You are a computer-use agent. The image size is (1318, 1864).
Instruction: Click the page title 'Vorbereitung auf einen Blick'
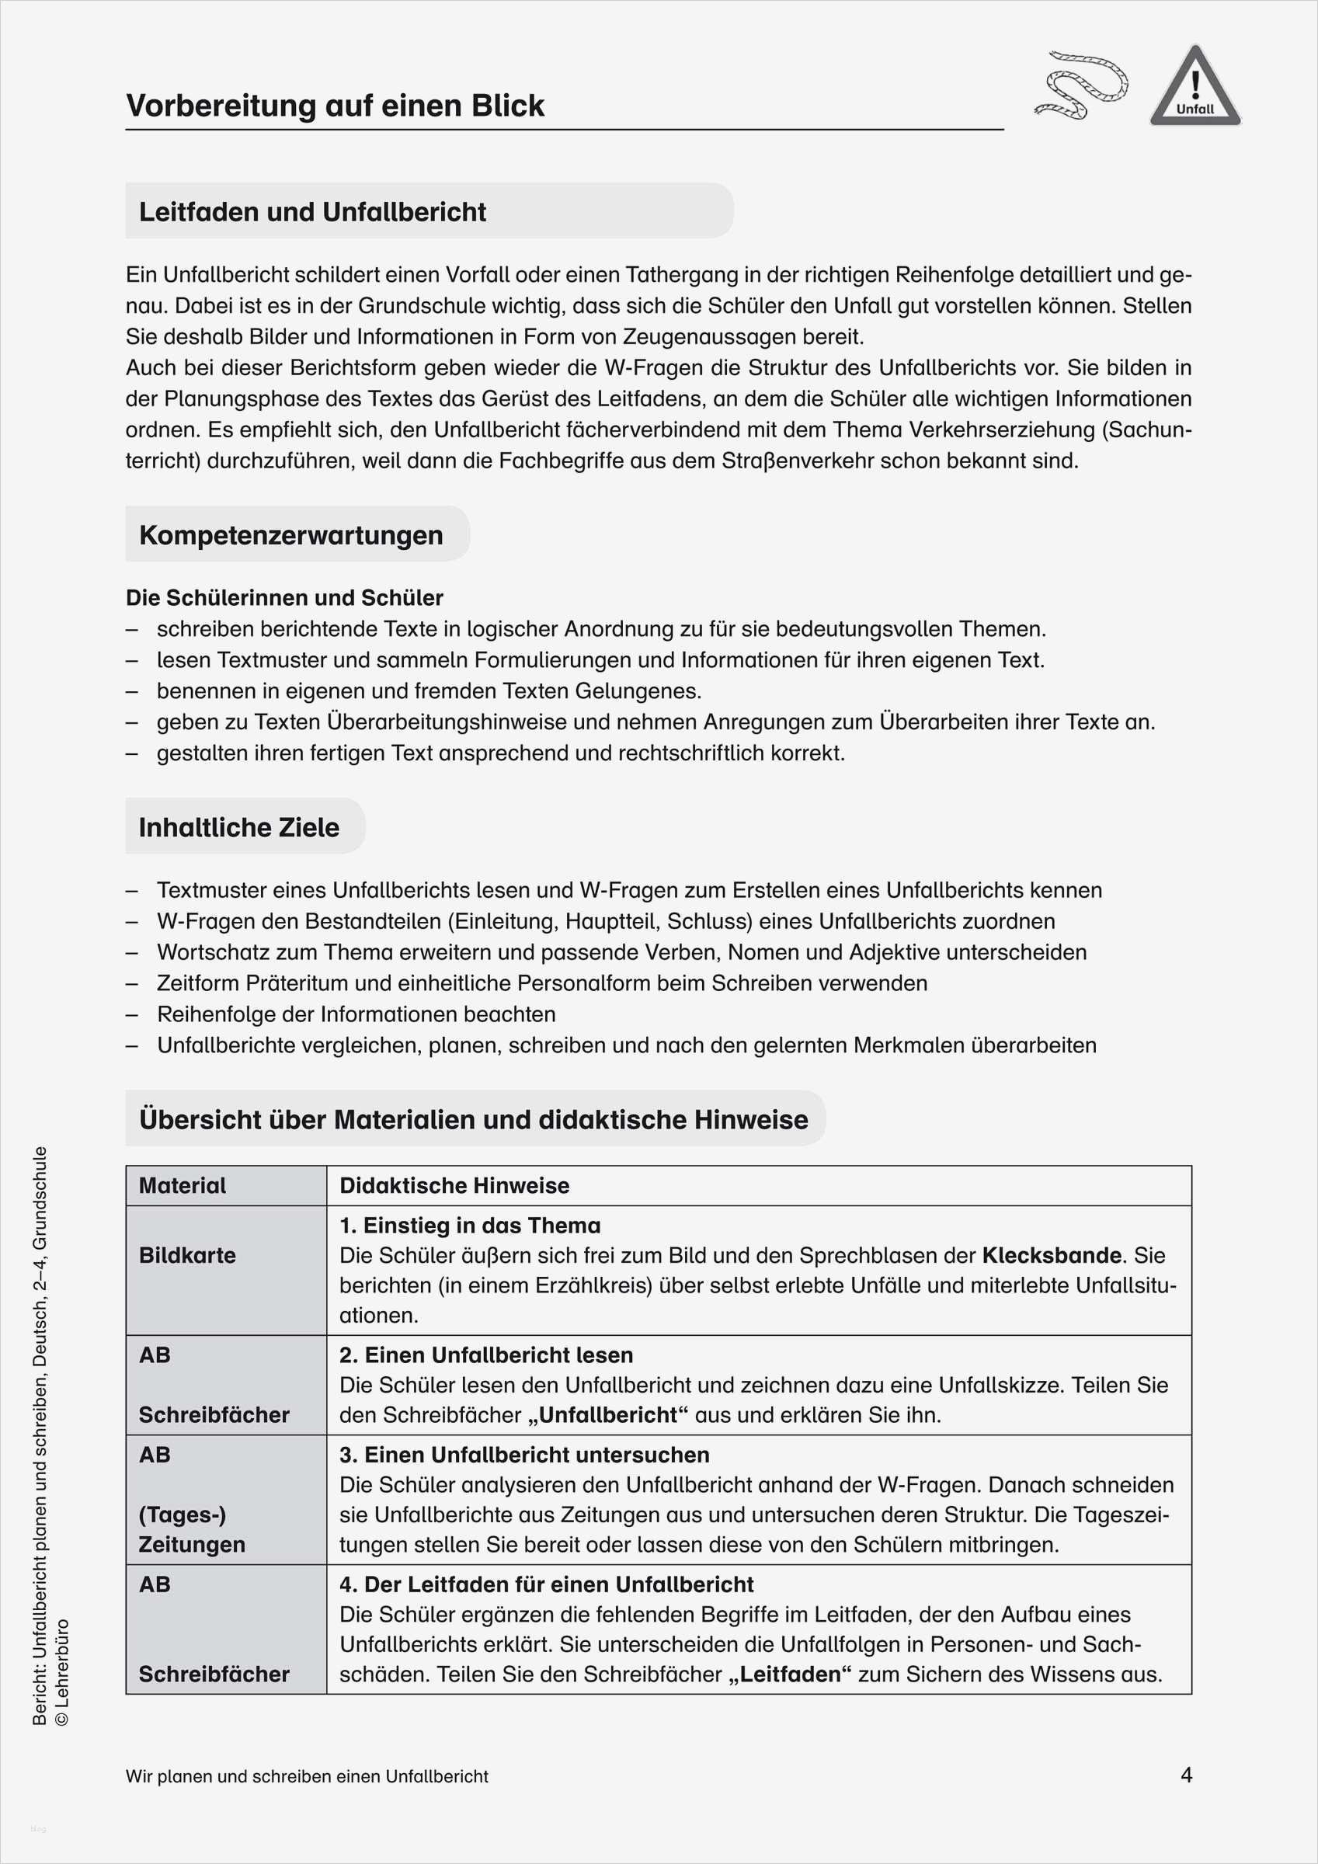(x=335, y=106)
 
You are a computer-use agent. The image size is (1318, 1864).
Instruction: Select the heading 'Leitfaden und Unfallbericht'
(x=313, y=212)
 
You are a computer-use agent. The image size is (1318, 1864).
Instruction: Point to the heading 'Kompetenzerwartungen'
(x=290, y=535)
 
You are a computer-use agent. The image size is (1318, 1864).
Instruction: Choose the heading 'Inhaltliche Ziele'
(x=238, y=827)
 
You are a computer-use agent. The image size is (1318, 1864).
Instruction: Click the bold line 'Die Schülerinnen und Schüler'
(x=284, y=597)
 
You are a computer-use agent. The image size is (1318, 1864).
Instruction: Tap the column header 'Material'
(x=183, y=1185)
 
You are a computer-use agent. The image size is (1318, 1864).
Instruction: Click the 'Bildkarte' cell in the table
(x=188, y=1255)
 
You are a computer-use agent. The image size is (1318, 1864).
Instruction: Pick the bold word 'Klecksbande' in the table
(x=1052, y=1255)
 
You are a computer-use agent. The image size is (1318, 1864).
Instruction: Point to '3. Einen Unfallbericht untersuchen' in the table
(x=523, y=1455)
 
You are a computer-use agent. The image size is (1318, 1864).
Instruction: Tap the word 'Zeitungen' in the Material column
(x=192, y=1544)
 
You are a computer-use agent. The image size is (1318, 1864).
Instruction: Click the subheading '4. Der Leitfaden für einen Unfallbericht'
(x=546, y=1584)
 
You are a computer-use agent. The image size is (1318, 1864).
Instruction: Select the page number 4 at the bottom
(x=1186, y=1775)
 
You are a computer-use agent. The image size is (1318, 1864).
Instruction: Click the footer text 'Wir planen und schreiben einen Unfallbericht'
(x=307, y=1776)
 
